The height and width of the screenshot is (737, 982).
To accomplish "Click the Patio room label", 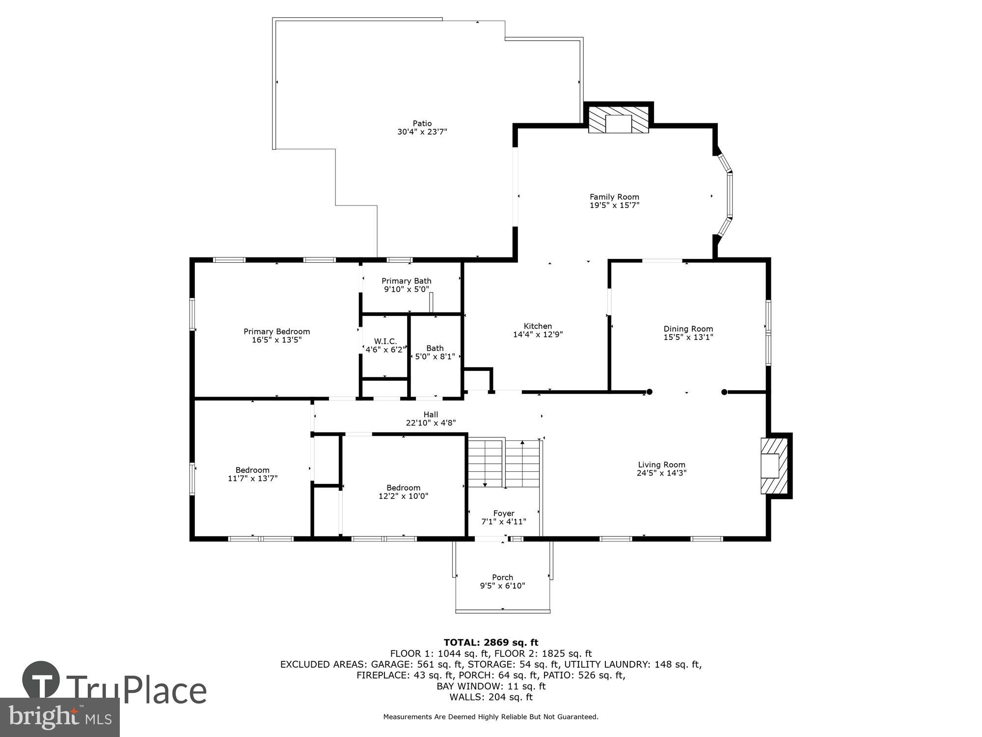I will pyautogui.click(x=422, y=123).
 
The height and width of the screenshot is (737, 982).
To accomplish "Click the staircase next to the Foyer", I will pyautogui.click(x=504, y=463).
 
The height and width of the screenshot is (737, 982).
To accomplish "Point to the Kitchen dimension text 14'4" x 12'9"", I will pyautogui.click(x=538, y=335).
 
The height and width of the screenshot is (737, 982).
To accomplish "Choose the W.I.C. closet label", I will pyautogui.click(x=385, y=341).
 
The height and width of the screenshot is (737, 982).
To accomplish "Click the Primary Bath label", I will pyautogui.click(x=406, y=281).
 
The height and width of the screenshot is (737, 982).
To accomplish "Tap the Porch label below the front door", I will pyautogui.click(x=502, y=577).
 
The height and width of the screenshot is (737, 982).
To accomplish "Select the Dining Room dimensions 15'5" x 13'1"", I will pyautogui.click(x=688, y=338).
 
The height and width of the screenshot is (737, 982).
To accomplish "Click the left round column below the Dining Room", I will pyautogui.click(x=649, y=392).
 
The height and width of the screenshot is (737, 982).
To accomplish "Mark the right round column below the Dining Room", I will pyautogui.click(x=724, y=392).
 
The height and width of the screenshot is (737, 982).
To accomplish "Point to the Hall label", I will pyautogui.click(x=431, y=415).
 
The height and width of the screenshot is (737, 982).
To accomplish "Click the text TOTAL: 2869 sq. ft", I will pyautogui.click(x=491, y=643).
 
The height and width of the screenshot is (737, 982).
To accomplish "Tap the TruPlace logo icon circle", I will pyautogui.click(x=41, y=680).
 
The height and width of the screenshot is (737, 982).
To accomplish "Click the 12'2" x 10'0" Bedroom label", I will pyautogui.click(x=403, y=488).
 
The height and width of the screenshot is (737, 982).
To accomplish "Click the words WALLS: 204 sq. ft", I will pyautogui.click(x=491, y=697).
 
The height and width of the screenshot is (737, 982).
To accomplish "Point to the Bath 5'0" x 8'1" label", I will pyautogui.click(x=435, y=348).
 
